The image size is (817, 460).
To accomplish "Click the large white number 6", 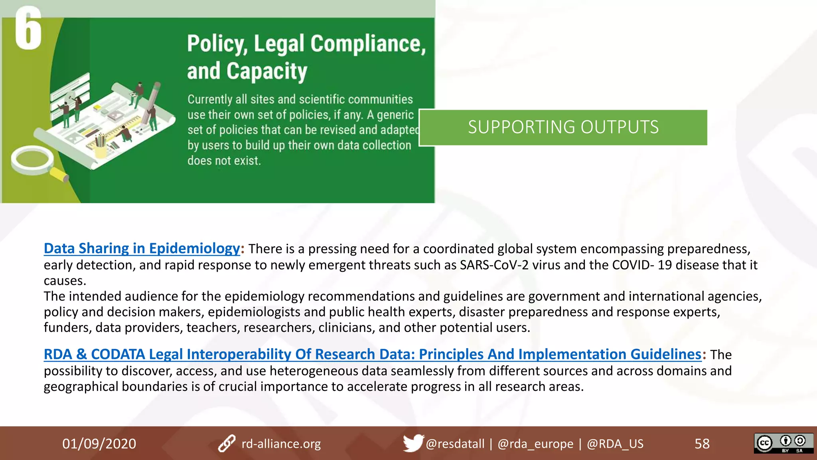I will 28,29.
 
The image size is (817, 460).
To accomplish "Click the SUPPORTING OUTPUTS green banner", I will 563,127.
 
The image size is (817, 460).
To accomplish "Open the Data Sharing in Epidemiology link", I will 142,248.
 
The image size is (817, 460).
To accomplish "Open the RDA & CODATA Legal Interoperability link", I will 372,354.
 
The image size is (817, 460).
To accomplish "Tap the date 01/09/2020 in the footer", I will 99,444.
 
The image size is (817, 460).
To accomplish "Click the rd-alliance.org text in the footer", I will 281,444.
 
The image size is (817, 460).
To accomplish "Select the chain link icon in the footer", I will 227,444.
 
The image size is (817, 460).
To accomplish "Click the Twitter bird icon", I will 412,443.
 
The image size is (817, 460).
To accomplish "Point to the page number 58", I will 702,444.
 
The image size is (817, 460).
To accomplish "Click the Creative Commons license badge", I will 783,443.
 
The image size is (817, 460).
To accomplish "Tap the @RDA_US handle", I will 615,444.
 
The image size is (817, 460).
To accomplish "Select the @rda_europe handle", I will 535,444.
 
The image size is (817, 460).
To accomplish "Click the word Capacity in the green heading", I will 267,71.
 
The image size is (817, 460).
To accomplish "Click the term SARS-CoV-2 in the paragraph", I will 494,265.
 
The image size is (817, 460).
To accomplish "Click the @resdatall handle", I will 455,444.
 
